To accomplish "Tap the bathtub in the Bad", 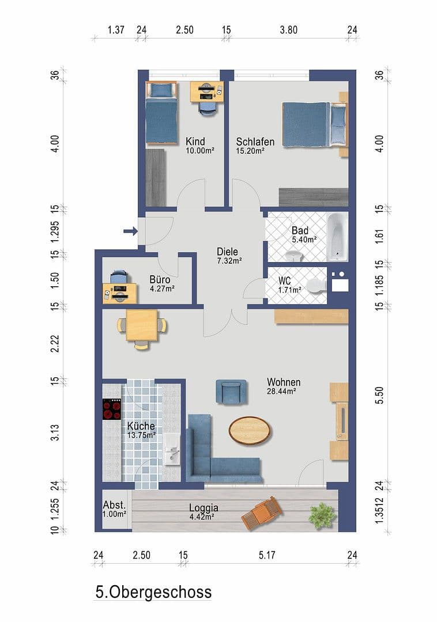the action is (337, 237).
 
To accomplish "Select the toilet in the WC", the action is (317, 286).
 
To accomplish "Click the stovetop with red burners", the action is (112, 409).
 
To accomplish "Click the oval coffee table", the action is (250, 430).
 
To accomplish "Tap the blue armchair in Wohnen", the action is (231, 392).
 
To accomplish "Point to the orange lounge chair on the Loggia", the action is (262, 513).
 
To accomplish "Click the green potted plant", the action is (321, 515).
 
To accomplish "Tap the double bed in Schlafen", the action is (314, 124).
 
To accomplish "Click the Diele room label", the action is (227, 252).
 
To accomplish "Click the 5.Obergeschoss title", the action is (153, 592).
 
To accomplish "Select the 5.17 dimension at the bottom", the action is (267, 555).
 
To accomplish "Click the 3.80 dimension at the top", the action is (289, 30).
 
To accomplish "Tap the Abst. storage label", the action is (114, 505).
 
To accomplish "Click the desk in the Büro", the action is (120, 293).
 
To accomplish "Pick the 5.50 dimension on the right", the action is (379, 396).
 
